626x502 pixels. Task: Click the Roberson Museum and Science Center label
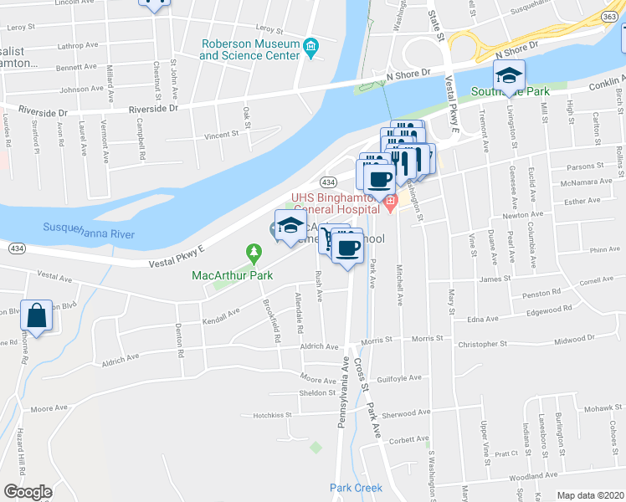tap(249, 49)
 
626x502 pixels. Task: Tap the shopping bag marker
tap(38, 315)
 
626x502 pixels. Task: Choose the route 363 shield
tap(612, 16)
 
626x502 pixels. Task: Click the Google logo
tap(28, 491)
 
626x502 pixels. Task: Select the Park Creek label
tap(356, 488)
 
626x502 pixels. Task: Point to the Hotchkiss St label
tap(271, 414)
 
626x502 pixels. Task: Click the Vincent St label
tap(222, 134)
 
